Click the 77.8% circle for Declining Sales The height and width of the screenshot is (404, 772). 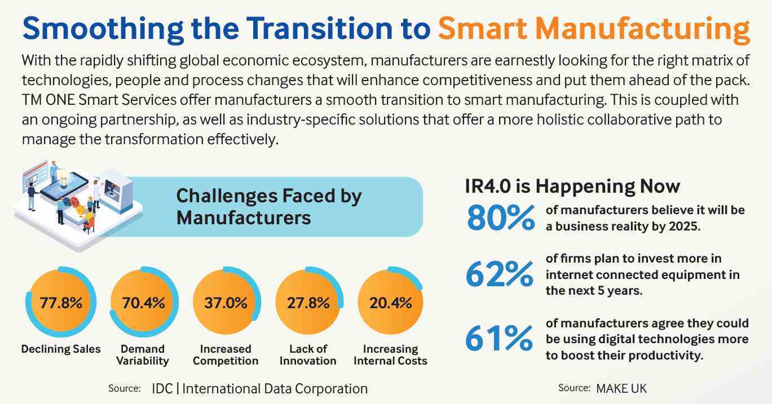(61, 303)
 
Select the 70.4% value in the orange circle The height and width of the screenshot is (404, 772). (143, 303)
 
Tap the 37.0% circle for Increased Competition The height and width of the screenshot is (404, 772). (226, 303)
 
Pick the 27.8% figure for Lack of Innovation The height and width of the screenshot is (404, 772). (308, 303)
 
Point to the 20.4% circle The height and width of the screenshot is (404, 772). (391, 303)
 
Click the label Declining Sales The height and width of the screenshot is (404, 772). (61, 349)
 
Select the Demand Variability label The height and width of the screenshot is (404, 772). (143, 355)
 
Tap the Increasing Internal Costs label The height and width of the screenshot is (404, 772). (391, 355)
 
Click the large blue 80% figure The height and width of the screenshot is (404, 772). (500, 218)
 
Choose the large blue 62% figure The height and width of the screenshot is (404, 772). (499, 274)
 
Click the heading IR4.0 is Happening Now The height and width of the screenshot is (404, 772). (572, 186)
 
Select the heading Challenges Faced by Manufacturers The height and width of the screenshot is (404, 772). (268, 206)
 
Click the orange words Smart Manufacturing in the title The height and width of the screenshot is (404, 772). (594, 28)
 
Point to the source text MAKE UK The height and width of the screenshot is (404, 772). (621, 388)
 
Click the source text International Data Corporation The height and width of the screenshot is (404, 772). (275, 388)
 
